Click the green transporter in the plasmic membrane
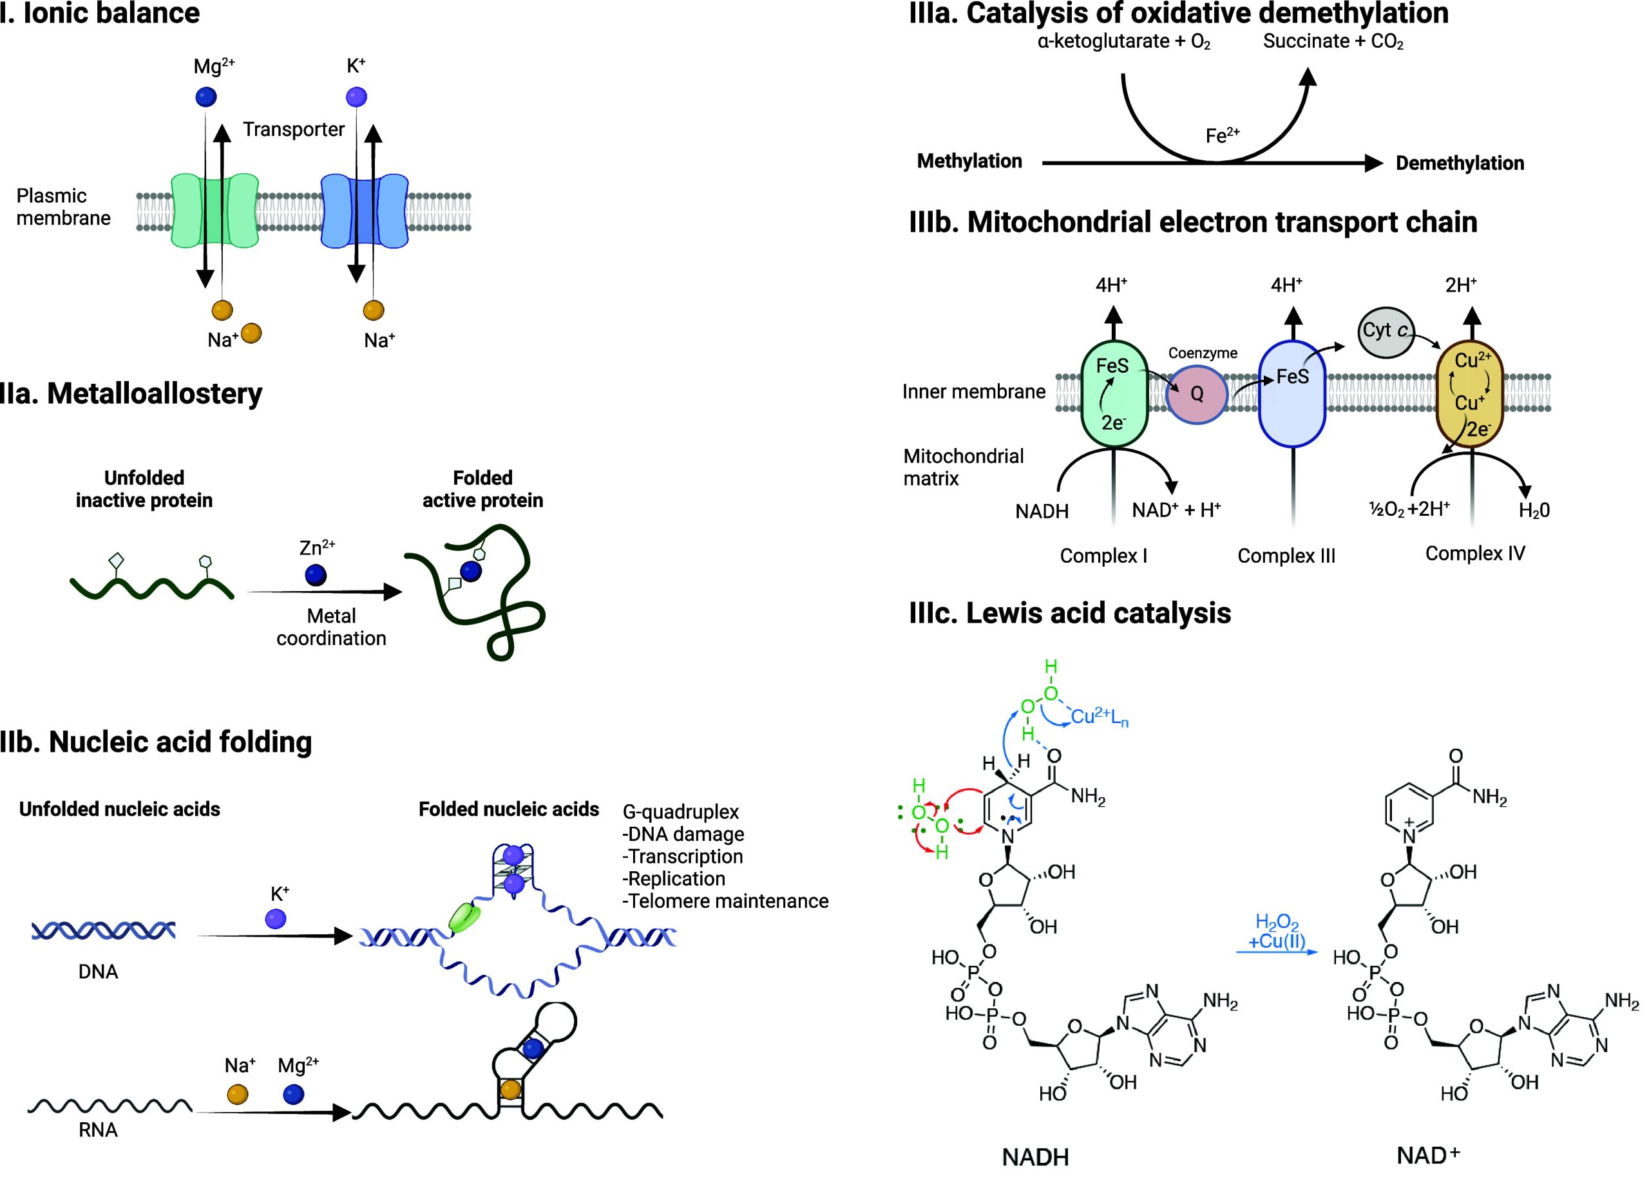click(x=215, y=210)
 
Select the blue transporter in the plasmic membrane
click(x=365, y=210)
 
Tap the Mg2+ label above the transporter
click(x=213, y=67)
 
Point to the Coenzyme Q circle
click(x=1196, y=393)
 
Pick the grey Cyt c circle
click(x=1386, y=332)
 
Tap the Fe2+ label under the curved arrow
click(x=1223, y=135)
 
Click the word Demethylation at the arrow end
click(x=1460, y=164)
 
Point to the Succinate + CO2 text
click(x=1333, y=41)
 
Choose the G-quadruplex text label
click(x=680, y=812)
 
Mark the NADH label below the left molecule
click(x=1035, y=1157)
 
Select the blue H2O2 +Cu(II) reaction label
click(x=1277, y=932)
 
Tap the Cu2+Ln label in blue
click(x=1100, y=718)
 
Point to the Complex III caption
click(x=1286, y=556)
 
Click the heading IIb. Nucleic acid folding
click(x=156, y=742)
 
